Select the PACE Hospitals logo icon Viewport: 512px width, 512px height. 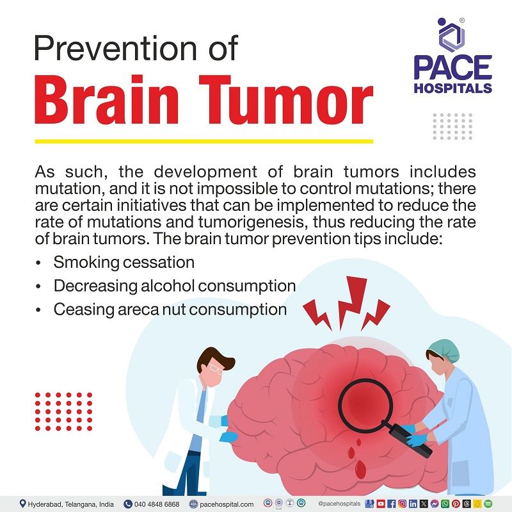(x=452, y=37)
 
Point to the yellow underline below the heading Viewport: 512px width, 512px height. (x=204, y=140)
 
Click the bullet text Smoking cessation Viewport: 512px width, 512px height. (x=124, y=263)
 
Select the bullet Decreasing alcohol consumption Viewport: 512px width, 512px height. (x=174, y=286)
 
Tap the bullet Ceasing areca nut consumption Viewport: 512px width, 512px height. (x=170, y=310)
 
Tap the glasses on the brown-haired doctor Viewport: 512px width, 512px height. (x=216, y=370)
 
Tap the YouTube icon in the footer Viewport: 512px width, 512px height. (x=381, y=504)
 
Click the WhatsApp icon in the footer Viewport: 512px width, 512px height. (x=445, y=504)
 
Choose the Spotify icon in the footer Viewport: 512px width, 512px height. (x=488, y=504)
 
